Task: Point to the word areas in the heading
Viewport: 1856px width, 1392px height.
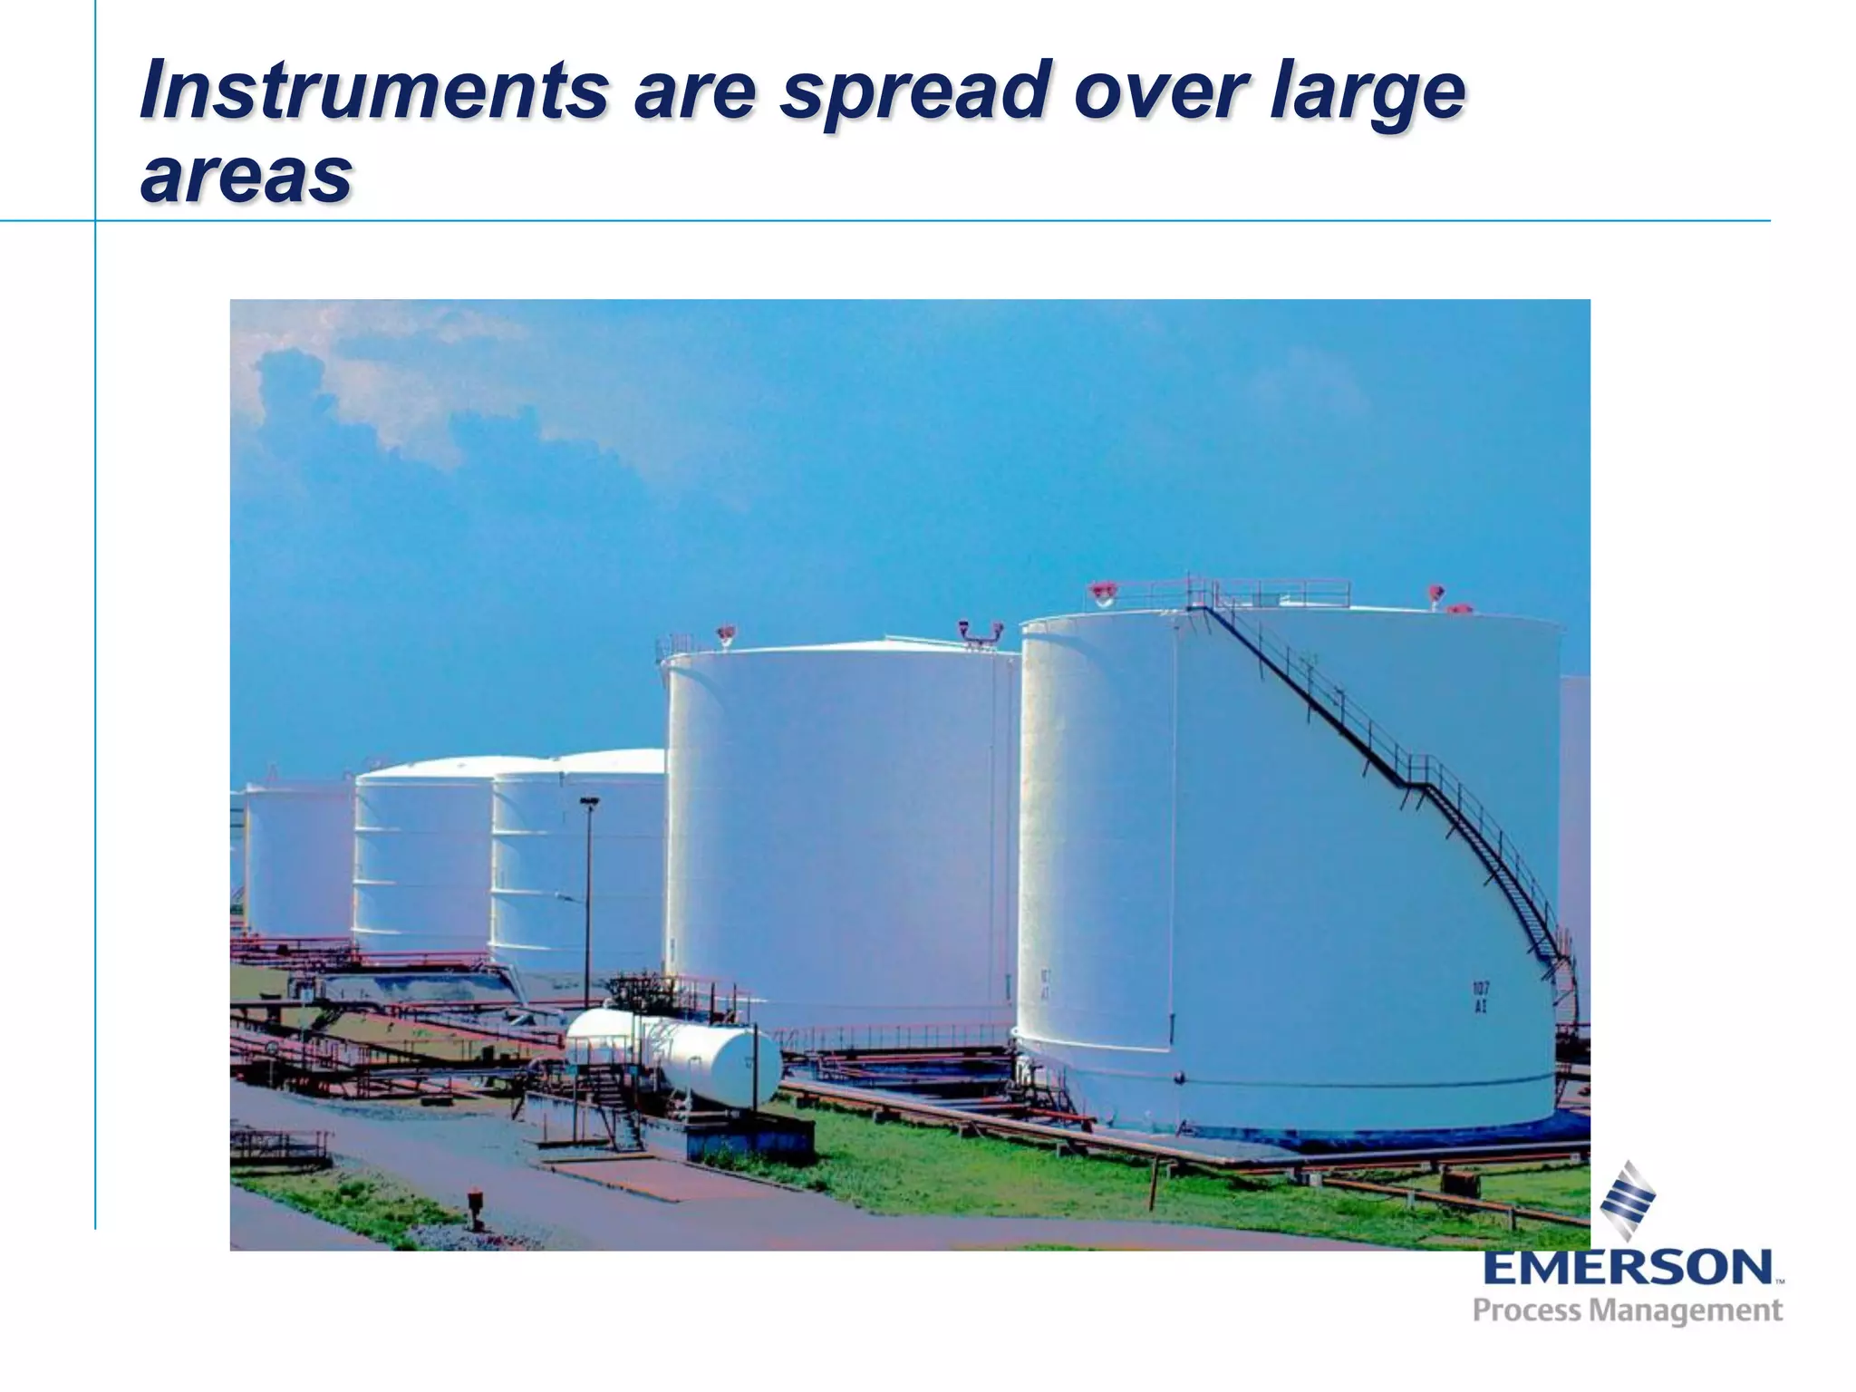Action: click(x=246, y=175)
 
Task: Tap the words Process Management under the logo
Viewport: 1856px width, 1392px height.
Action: click(x=1627, y=1310)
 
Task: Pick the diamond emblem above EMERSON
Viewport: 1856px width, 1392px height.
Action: click(x=1628, y=1200)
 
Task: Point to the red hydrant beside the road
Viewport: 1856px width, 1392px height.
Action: click(x=475, y=1206)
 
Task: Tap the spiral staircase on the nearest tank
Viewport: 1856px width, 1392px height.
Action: click(x=1414, y=779)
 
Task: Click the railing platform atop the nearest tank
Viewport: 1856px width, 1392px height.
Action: click(x=1269, y=594)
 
